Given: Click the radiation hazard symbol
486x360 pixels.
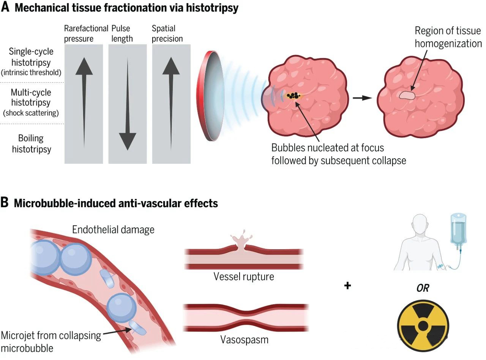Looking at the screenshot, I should click(x=423, y=325).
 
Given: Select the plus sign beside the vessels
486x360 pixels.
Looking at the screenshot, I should click(x=347, y=285).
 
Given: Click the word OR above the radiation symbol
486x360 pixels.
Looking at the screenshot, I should click(x=423, y=288).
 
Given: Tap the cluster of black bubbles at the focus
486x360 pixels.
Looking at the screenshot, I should click(x=293, y=95).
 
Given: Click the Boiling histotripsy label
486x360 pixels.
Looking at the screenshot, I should click(x=31, y=143).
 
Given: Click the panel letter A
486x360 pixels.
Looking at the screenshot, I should click(x=5, y=8).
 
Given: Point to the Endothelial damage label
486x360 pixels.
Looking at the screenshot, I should click(x=113, y=229).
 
